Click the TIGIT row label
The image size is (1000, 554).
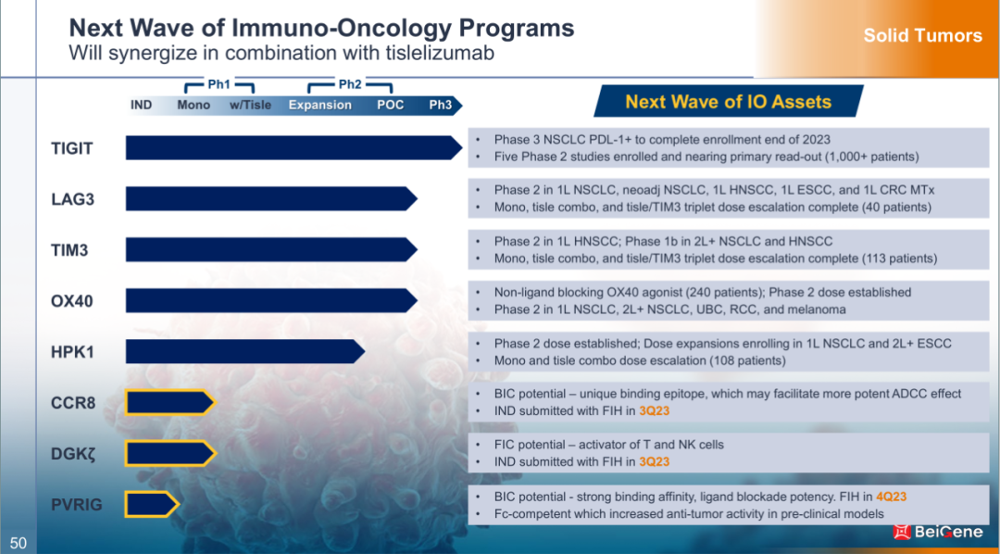[x=72, y=149]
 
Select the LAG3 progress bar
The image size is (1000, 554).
[x=271, y=198]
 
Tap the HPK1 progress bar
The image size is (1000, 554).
[x=244, y=352]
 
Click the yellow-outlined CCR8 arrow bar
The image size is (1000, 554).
[x=170, y=403]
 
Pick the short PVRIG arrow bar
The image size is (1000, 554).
[x=152, y=505]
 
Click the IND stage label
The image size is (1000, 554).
[x=141, y=105]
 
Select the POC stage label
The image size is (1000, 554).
[x=391, y=105]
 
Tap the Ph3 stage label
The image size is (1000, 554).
[x=440, y=105]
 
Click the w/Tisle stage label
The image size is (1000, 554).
[x=250, y=105]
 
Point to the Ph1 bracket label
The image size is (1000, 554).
[x=219, y=83]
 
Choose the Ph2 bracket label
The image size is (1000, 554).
[x=349, y=83]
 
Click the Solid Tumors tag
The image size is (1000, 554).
[x=923, y=36]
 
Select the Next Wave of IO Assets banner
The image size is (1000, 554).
[x=729, y=102]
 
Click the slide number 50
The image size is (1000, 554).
[x=18, y=543]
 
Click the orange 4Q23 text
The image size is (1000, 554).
[x=891, y=497]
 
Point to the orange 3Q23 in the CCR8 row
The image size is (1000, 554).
[x=655, y=411]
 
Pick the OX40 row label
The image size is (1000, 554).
[x=72, y=300]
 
